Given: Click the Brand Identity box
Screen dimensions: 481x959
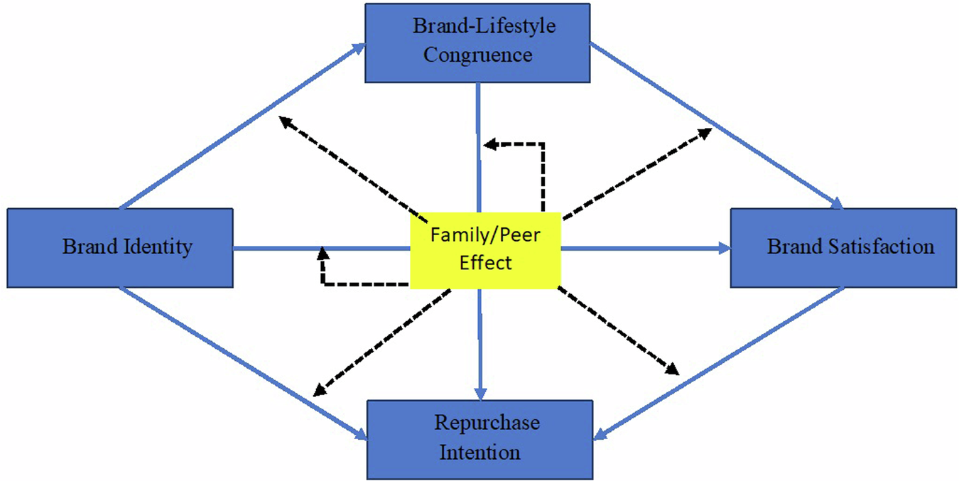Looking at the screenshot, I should [119, 247].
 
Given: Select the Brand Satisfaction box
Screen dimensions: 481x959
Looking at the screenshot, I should [843, 247].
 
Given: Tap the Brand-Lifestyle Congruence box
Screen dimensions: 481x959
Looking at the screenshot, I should [477, 43].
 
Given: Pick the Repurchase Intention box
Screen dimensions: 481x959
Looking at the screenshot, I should [479, 438].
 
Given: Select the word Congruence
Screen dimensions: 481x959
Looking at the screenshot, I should [477, 55].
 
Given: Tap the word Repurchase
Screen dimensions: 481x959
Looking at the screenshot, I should [487, 423].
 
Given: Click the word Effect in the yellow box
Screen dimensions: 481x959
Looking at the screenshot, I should [486, 262].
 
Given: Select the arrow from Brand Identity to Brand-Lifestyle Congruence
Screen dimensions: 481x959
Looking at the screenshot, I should [242, 127].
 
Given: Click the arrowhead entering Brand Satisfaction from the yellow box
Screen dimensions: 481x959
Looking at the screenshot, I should [724, 248].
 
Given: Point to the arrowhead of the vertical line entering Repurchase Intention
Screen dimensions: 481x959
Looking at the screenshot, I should [481, 394].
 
